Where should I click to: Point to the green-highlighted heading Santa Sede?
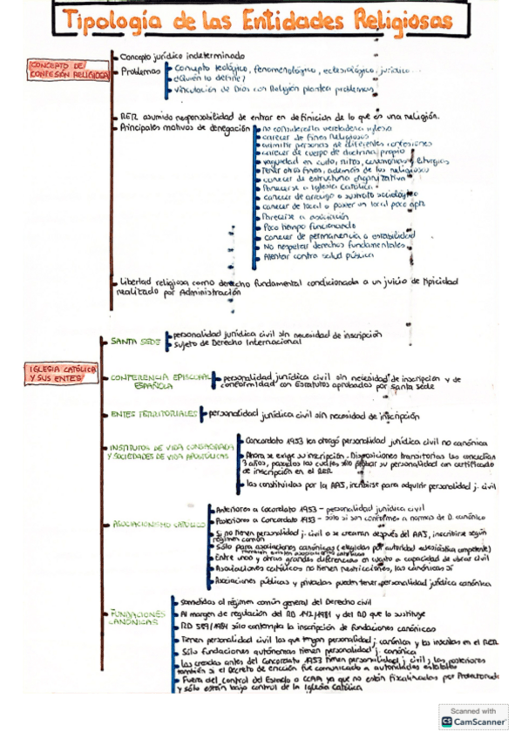pyautogui.click(x=136, y=342)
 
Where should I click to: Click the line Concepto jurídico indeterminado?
pyautogui.click(x=183, y=56)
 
